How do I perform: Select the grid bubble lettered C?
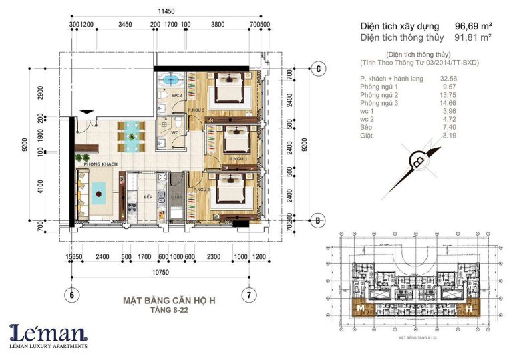[319, 69]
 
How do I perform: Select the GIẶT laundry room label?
[176, 198]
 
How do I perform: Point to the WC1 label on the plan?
[177, 133]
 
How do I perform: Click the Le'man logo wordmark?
[48, 332]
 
